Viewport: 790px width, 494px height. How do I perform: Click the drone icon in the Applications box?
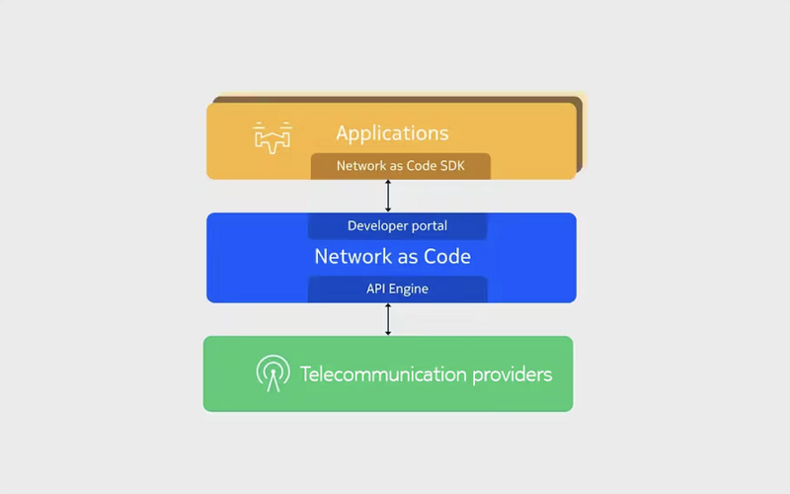(x=273, y=137)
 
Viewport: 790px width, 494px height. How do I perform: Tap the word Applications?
(x=392, y=133)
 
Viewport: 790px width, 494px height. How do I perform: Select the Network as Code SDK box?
(x=401, y=166)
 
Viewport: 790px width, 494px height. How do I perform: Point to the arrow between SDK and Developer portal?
(x=388, y=196)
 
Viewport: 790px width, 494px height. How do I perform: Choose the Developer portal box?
(x=398, y=226)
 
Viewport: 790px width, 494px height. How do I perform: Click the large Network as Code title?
(x=392, y=257)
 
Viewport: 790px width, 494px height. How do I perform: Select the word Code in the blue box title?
(x=447, y=257)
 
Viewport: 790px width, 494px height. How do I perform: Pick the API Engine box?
(x=398, y=288)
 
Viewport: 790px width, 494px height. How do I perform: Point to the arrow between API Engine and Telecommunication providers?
(x=388, y=319)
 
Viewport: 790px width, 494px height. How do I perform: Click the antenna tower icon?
(x=274, y=373)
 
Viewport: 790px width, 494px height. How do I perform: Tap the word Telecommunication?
(x=383, y=374)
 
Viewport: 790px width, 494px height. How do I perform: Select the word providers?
(x=512, y=375)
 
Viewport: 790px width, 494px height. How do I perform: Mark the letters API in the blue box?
(x=375, y=288)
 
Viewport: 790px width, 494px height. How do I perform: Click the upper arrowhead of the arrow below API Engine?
(x=388, y=306)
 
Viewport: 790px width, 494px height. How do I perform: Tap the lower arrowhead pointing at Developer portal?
(x=388, y=209)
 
